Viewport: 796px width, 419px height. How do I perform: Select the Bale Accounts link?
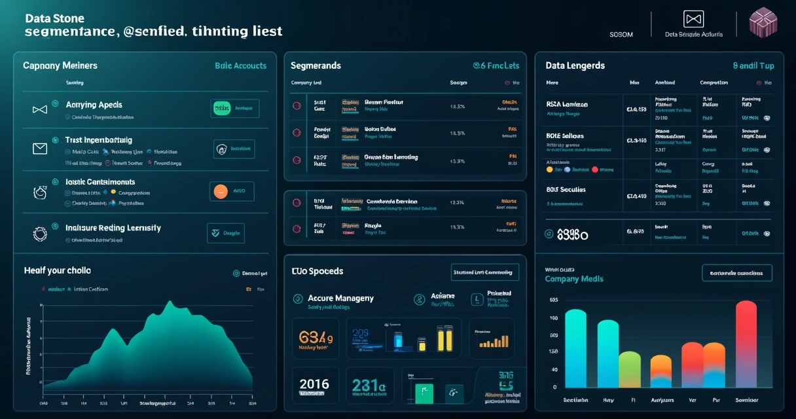[x=240, y=65]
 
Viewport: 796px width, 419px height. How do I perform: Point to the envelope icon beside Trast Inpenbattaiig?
[x=40, y=149]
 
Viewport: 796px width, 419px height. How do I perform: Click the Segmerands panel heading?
[x=316, y=65]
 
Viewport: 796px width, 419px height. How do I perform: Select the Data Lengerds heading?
[x=575, y=65]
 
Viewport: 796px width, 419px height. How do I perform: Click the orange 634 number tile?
[x=316, y=339]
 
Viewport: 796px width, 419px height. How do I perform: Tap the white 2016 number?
[x=314, y=384]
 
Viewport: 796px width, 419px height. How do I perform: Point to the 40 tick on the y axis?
[x=554, y=370]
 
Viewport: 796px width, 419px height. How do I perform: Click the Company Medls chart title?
[x=574, y=279]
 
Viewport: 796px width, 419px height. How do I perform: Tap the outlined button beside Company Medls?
[x=736, y=273]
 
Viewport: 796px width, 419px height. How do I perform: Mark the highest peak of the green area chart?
[x=170, y=302]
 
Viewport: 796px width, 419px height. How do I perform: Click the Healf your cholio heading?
[x=57, y=270]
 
